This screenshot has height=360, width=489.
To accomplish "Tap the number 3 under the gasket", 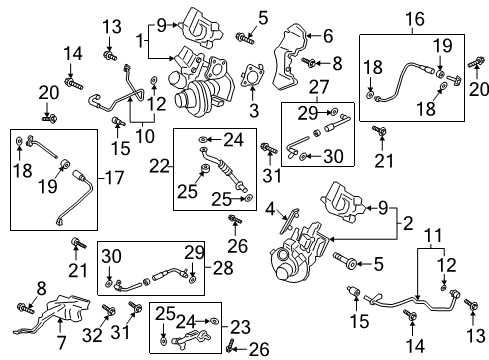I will (x=253, y=107).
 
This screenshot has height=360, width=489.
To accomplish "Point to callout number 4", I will (x=269, y=208).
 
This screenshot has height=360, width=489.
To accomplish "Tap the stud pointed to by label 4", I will (x=291, y=214).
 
